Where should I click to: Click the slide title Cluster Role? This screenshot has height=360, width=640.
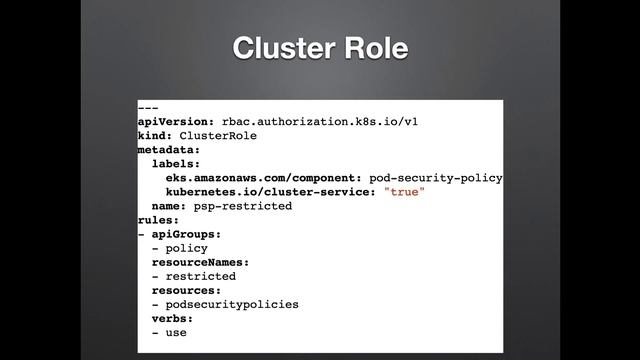tap(320, 50)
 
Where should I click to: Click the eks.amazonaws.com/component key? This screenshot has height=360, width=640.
tap(263, 177)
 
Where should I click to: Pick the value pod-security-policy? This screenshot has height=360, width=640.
tap(435, 177)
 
